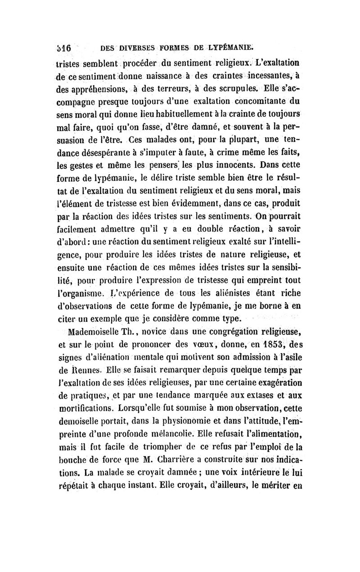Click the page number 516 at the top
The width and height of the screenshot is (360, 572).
point(64,47)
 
